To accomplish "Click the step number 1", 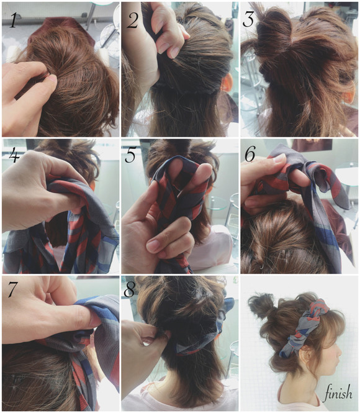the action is click(13, 20).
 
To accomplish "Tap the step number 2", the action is click(132, 20).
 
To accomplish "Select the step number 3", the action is click(248, 19).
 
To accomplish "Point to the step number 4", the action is click(14, 156).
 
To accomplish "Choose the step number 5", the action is click(130, 155).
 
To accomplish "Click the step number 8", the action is click(129, 289).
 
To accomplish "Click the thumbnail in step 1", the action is click(52, 78).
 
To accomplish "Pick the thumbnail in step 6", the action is click(279, 158).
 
